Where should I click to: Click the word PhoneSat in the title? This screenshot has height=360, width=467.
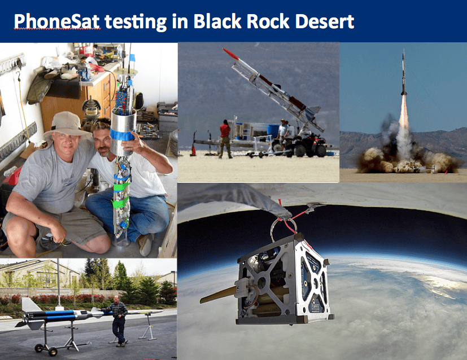point(56,21)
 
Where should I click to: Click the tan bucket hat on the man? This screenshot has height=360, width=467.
point(67,125)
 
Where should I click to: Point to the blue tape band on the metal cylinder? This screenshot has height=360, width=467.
point(123,134)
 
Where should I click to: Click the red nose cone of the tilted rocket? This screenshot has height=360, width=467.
point(231,54)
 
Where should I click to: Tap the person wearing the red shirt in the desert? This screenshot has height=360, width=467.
point(225,139)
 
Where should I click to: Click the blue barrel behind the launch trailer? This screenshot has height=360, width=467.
point(273,131)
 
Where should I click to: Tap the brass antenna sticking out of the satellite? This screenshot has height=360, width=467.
point(219,295)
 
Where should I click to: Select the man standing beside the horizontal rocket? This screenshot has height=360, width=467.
point(119,321)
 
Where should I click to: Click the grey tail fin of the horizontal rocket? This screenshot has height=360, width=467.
point(30,304)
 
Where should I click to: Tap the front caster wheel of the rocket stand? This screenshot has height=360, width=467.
point(53,352)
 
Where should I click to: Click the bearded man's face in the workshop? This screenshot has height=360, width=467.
point(103,143)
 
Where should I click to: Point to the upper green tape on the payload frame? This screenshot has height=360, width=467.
point(121,187)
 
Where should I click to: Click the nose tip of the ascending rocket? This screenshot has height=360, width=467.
point(404,50)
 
